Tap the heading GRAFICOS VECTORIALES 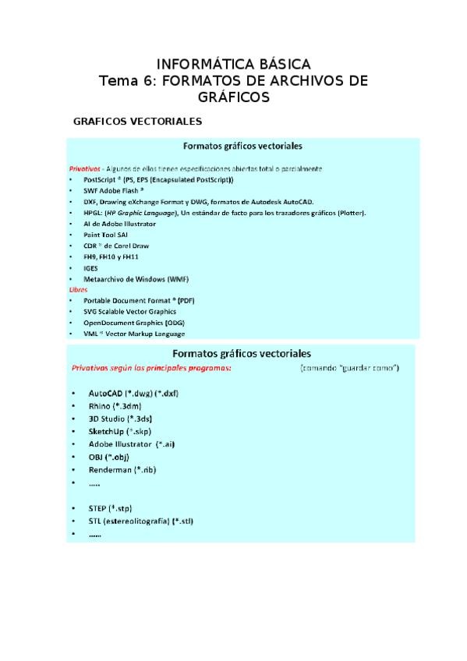pos(137,122)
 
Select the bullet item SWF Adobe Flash pos(113,190)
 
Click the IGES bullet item pos(90,267)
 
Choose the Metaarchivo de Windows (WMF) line pos(136,278)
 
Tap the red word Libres pos(79,289)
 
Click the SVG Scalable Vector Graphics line pos(129,311)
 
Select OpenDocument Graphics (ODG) pos(134,322)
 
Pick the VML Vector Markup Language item pos(134,334)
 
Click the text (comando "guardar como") pos(349,367)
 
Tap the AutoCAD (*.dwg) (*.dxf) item pos(133,393)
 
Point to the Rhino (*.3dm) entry pos(115,405)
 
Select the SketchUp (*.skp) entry pos(122,431)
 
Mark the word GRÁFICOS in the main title pos(233,97)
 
